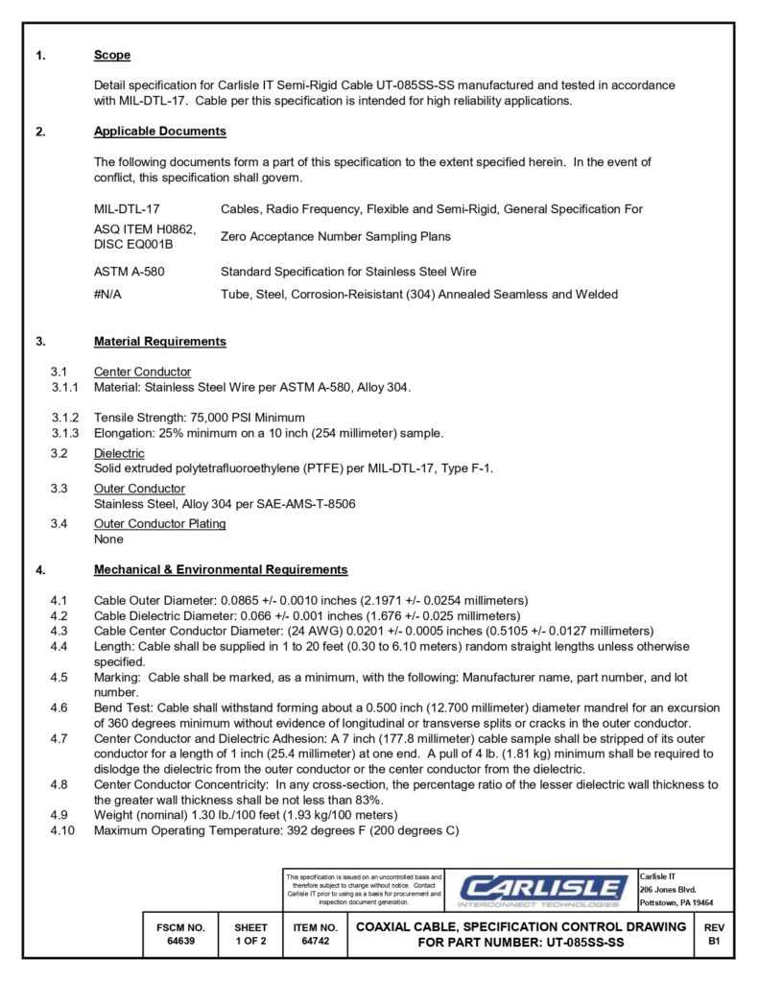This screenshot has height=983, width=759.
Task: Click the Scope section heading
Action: (x=112, y=55)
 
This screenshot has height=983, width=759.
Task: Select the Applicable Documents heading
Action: (x=160, y=132)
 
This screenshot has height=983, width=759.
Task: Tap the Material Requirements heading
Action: (x=160, y=341)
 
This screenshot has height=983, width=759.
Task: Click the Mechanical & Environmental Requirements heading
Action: (x=221, y=569)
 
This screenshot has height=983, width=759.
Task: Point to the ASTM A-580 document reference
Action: (x=129, y=272)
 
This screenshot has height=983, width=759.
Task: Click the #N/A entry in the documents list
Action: (x=107, y=295)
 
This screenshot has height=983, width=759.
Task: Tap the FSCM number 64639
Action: (x=180, y=942)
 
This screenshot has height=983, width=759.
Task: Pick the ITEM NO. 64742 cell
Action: (x=315, y=935)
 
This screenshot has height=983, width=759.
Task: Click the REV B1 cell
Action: (x=714, y=935)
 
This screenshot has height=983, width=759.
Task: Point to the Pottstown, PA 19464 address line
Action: (x=676, y=902)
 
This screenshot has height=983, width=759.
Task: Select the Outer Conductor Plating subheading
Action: (x=160, y=523)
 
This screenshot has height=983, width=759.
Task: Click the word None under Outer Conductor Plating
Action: (x=108, y=539)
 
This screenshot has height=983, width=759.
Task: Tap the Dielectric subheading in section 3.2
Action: (x=119, y=453)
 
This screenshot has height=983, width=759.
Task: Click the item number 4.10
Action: (x=62, y=830)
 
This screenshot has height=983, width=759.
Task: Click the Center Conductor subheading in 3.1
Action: (x=142, y=372)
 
